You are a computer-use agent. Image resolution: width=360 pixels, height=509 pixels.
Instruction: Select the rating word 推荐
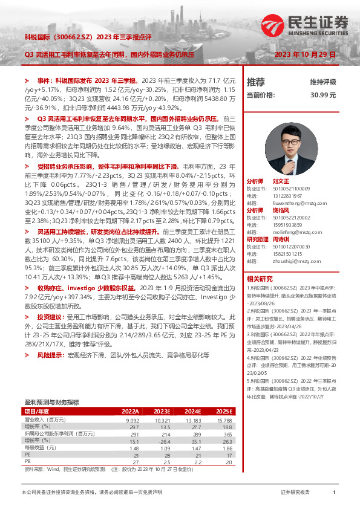click(x=256, y=82)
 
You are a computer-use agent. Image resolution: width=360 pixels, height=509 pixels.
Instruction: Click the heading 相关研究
click(x=258, y=278)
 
